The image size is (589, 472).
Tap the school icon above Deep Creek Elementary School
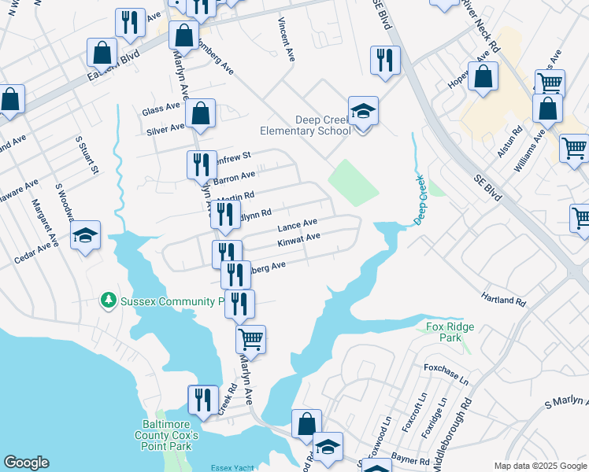(363, 111)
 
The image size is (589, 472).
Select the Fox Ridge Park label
(442, 331)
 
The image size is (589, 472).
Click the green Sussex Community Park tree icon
(109, 301)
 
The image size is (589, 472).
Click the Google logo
(26, 463)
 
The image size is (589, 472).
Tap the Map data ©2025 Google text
(539, 465)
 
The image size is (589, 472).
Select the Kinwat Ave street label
(298, 238)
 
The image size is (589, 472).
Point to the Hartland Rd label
(503, 299)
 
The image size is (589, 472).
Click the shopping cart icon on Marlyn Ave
(251, 338)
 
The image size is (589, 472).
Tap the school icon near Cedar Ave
(86, 234)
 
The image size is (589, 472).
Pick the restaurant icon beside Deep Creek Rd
(203, 399)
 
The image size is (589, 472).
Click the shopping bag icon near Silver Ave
(201, 112)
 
